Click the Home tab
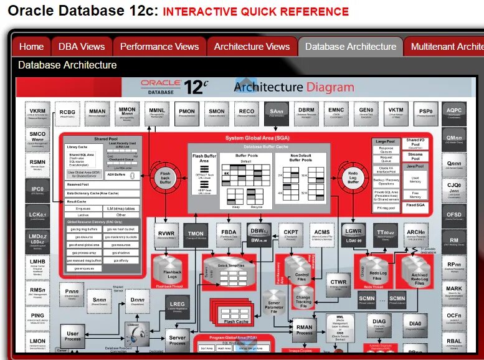pyautogui.click(x=31, y=47)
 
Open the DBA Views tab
pyautogui.click(x=82, y=47)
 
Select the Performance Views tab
pyautogui.click(x=159, y=47)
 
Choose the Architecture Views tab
pyautogui.click(x=252, y=47)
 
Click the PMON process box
pyautogui.click(x=186, y=113)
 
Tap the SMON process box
pyautogui.click(x=216, y=113)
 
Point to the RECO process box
pyautogui.click(x=246, y=113)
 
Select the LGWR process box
pyautogui.click(x=354, y=234)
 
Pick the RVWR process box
pyautogui.click(x=165, y=234)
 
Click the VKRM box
pyautogui.click(x=37, y=113)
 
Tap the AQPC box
pyautogui.click(x=454, y=113)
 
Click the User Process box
pyautogui.click(x=73, y=336)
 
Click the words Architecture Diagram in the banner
pyautogui.click(x=293, y=87)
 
